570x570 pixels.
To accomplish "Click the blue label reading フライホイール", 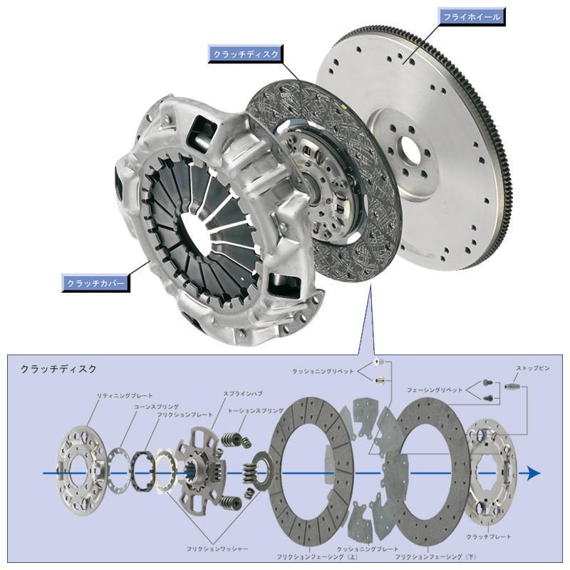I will (x=472, y=16).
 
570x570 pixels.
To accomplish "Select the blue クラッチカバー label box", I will (x=95, y=283).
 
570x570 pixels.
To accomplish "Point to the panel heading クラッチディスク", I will (x=58, y=369).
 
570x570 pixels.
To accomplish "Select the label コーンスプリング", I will (x=155, y=405).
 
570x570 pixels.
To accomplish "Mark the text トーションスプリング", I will (x=255, y=411).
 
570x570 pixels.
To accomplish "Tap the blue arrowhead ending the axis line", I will (x=533, y=474).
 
